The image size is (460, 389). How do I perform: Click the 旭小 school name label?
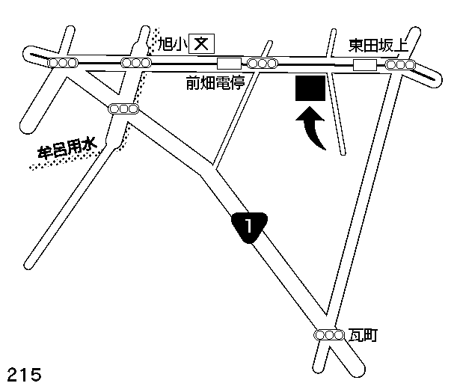tap(172, 44)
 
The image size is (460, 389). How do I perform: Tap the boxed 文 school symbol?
tap(200, 44)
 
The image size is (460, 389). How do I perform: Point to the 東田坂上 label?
tap(379, 46)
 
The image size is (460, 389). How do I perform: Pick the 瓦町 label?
tap(363, 336)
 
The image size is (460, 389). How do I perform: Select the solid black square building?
tap(309, 88)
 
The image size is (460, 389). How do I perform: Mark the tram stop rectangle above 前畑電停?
tap(228, 64)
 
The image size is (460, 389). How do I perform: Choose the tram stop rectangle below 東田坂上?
tap(364, 66)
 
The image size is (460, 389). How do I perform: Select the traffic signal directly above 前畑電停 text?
tap(261, 64)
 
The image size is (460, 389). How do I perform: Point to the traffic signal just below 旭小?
tap(136, 64)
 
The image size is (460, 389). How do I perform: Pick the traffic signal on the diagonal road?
tap(123, 108)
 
